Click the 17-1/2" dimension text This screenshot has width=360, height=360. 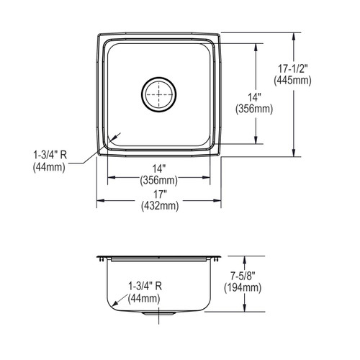tap(293, 69)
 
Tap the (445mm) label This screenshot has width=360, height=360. tap(293, 81)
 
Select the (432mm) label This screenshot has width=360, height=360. tap(160, 206)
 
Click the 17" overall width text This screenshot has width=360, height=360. tap(160, 194)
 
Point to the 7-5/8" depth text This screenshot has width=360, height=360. tap(243, 276)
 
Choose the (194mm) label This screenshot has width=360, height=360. tap(243, 288)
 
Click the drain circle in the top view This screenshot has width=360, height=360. tap(159, 94)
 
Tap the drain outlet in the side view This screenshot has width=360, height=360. tap(159, 313)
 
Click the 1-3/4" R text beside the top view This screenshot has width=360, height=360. tap(50, 156)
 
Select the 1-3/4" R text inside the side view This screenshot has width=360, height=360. tap(145, 286)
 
